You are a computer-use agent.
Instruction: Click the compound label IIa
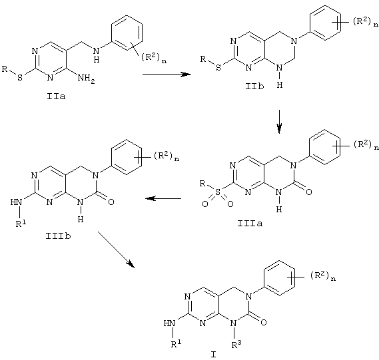point(56,96)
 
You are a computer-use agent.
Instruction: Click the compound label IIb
point(254,87)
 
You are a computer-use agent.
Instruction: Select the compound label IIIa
point(250,224)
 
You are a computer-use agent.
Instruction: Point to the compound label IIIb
point(58,236)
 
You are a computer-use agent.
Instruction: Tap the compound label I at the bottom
point(213,355)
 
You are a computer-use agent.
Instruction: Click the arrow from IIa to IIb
point(167,74)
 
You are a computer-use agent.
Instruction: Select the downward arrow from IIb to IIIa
point(279,122)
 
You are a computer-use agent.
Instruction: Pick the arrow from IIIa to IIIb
point(163,199)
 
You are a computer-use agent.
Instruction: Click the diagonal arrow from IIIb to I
point(116,250)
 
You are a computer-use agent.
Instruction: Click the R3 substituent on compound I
point(236,344)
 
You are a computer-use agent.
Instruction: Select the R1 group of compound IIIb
point(21,224)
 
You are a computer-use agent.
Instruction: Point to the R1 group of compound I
point(176,343)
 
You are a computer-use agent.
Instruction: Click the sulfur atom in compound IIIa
point(218,192)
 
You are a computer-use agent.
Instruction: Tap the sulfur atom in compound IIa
point(20,77)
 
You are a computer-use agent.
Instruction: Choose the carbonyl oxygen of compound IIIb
point(111,202)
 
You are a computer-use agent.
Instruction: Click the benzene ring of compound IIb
point(325,23)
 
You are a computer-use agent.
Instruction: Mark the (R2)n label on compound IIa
point(153,58)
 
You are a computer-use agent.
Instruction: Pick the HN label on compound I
point(169,323)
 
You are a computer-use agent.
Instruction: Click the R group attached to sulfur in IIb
point(203,59)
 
